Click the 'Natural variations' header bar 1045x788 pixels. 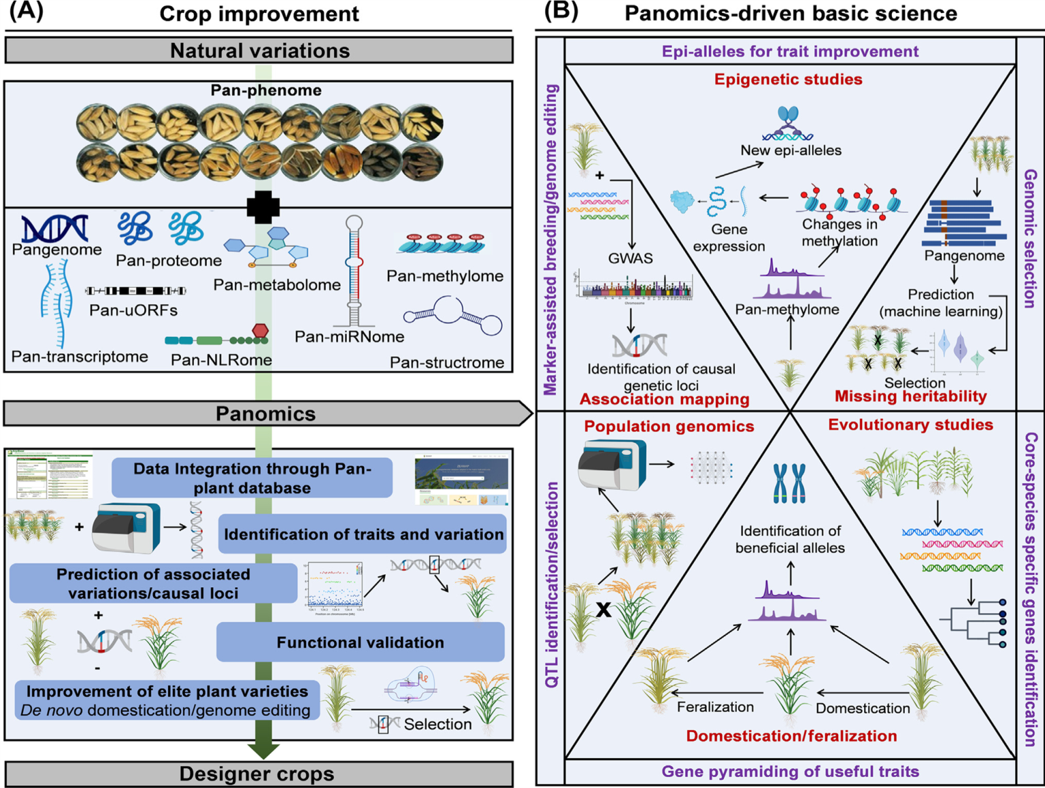point(259,50)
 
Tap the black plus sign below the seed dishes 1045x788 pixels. point(263,207)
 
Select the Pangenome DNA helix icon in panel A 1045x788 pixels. point(54,229)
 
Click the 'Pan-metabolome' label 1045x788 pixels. point(277,285)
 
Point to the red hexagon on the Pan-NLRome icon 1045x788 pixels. point(260,330)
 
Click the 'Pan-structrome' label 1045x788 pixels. point(447,362)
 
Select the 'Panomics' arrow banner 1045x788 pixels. point(265,414)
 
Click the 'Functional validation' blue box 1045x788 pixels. point(360,642)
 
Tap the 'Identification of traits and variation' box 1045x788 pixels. point(363,534)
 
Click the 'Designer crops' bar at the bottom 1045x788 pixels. point(257,774)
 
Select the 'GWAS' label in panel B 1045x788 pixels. point(630,259)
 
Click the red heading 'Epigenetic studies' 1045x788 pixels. point(788,80)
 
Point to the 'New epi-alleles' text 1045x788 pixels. point(791,150)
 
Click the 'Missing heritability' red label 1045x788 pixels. point(910,397)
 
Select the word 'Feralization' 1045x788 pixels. point(715,707)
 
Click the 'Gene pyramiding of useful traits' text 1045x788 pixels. point(790,772)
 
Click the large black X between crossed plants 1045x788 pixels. point(603,609)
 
